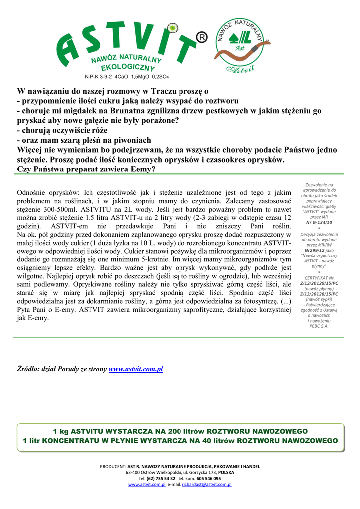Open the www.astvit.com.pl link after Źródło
click(x=136, y=369)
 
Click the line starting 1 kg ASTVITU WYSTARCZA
click(x=180, y=431)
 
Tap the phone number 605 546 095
click(x=209, y=478)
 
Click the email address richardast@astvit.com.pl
click(x=207, y=484)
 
